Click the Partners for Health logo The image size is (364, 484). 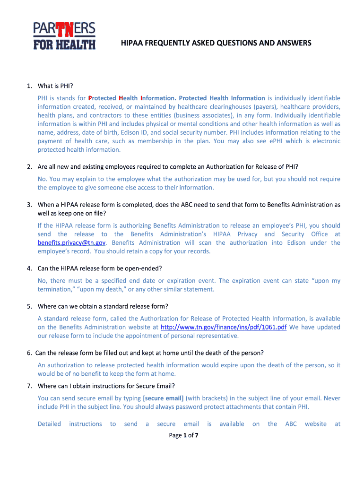point(64,35)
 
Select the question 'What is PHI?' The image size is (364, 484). point(56,86)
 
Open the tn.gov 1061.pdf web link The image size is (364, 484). point(224,328)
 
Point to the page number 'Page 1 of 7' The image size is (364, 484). point(183,435)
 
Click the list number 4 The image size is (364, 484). point(29,268)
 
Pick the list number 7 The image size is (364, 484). point(29,386)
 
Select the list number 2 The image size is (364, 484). point(29,167)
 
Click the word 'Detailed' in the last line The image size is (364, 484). point(49,424)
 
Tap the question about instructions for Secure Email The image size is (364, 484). point(106,386)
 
